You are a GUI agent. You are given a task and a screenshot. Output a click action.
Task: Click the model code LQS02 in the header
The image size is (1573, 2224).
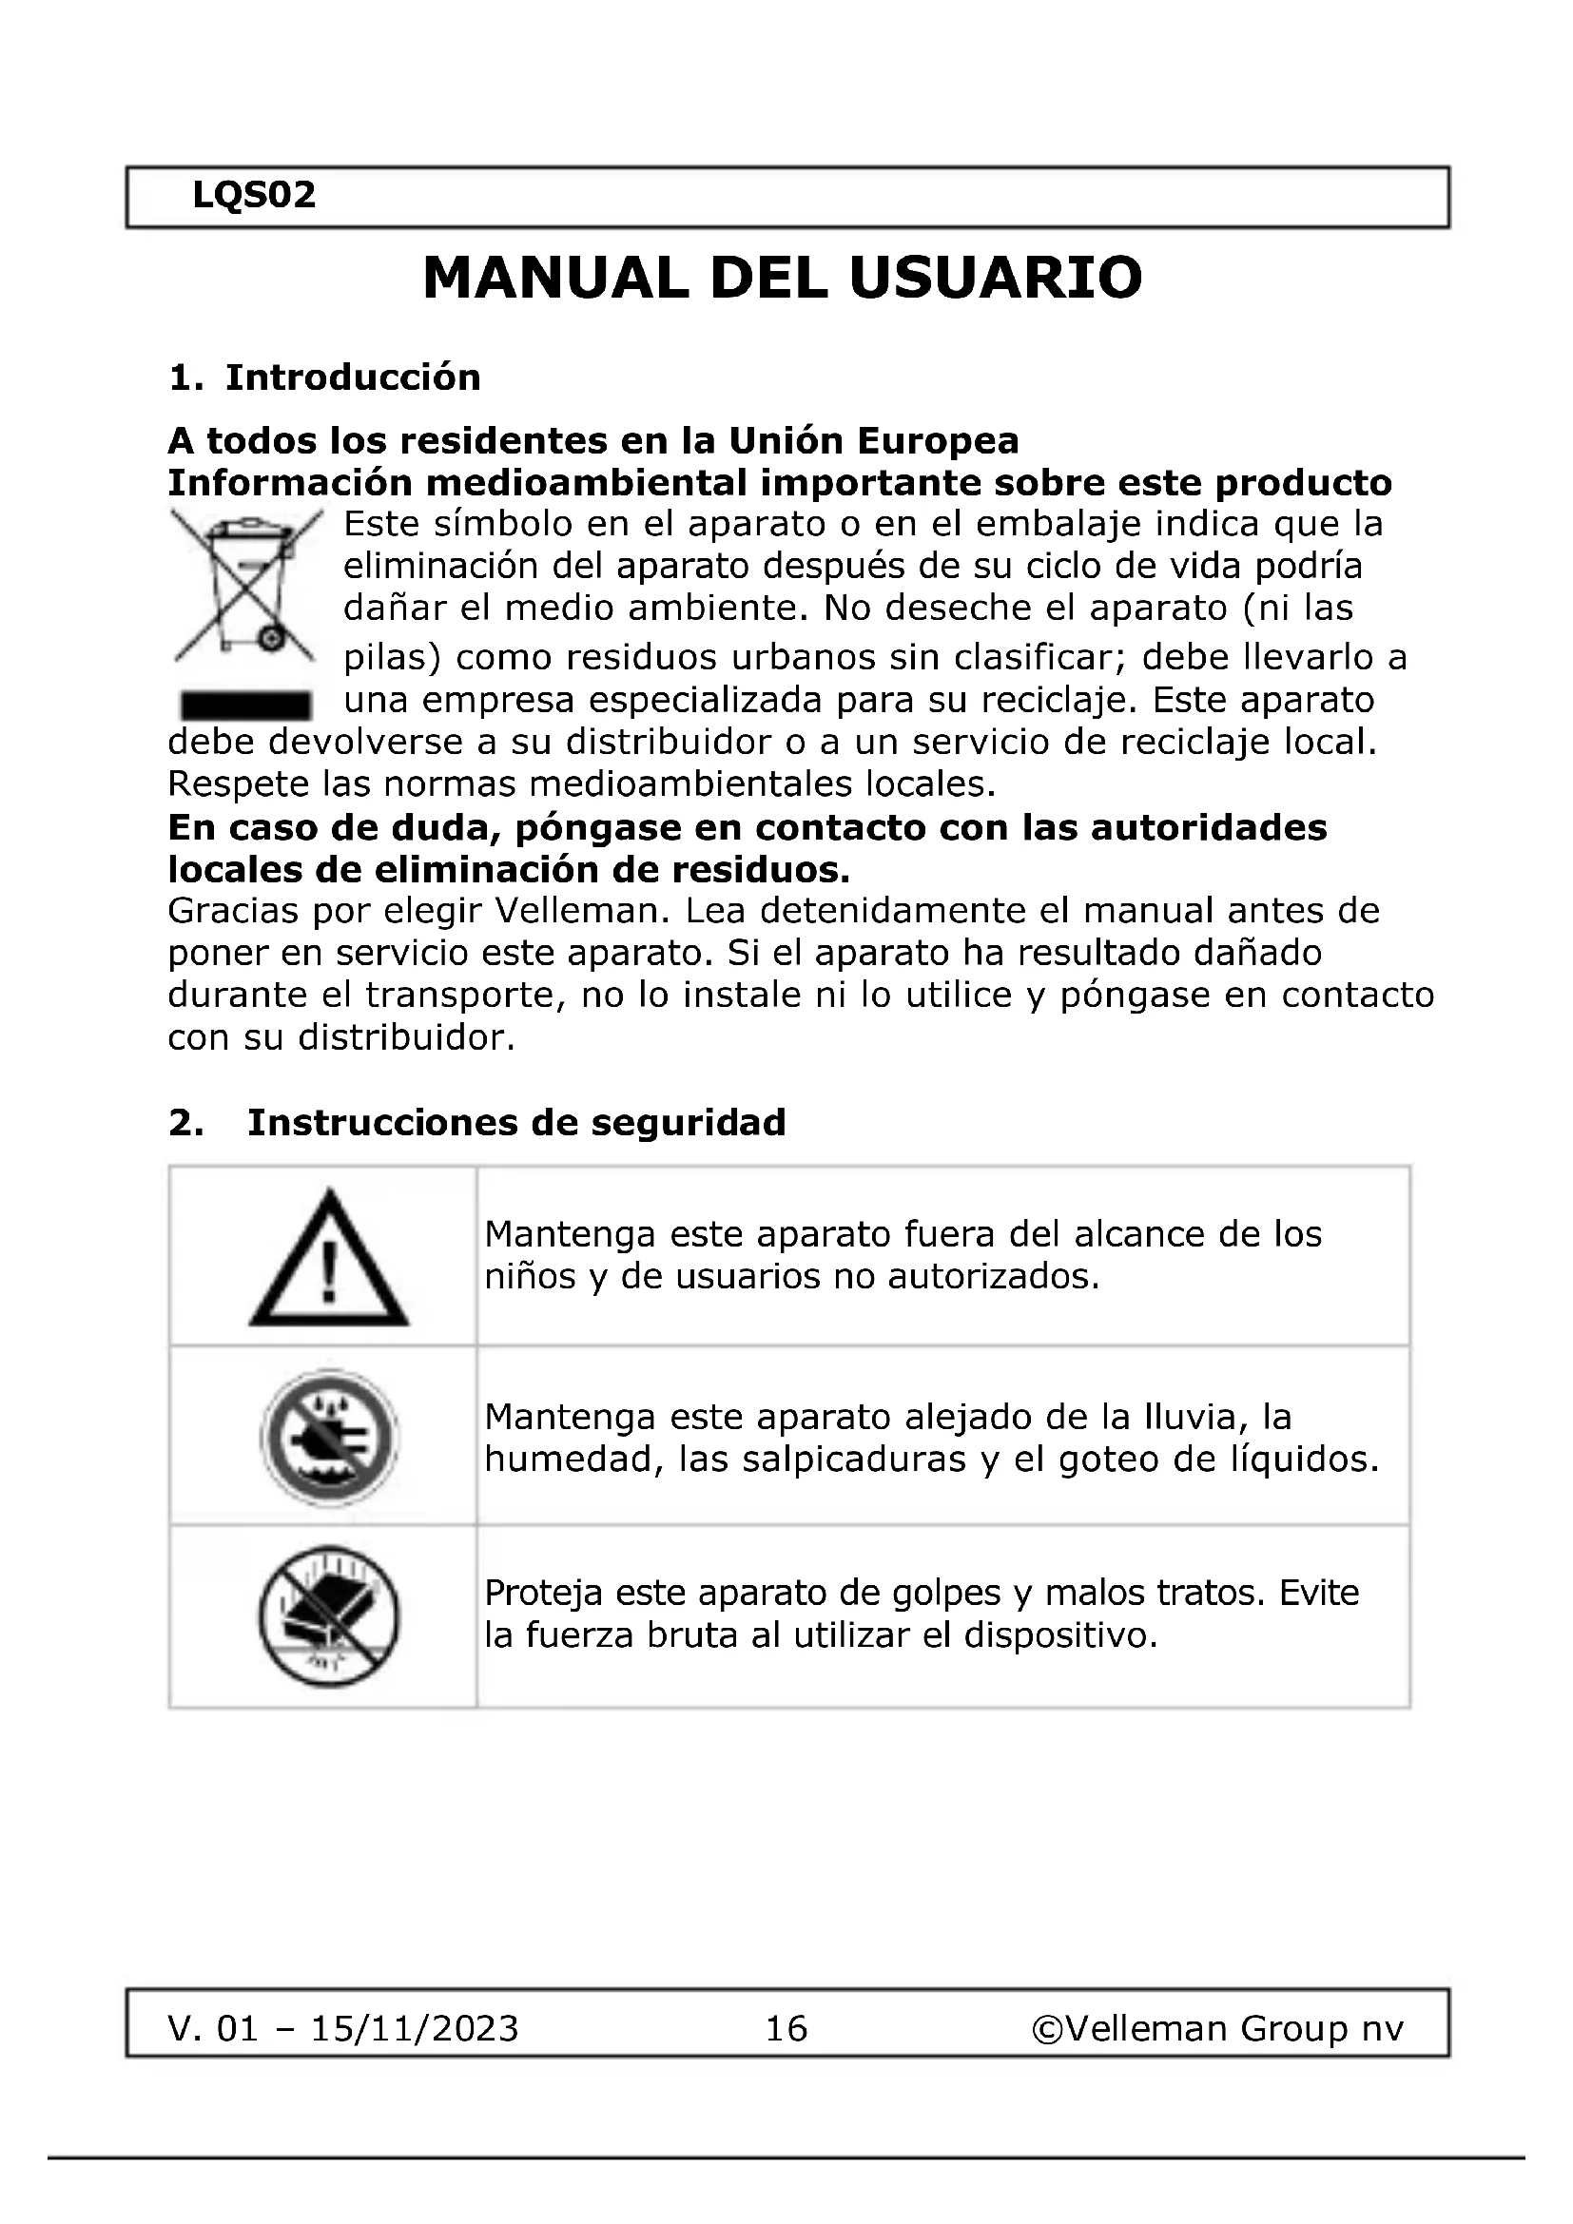(x=254, y=196)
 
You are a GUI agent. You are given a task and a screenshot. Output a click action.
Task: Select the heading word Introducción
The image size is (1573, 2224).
(x=353, y=377)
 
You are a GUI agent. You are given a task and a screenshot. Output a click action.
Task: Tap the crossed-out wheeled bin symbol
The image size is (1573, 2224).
(x=246, y=587)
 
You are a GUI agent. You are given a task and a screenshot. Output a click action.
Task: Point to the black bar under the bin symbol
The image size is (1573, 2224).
(x=246, y=705)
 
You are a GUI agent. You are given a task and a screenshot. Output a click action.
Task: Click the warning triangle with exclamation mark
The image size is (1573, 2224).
(x=328, y=1258)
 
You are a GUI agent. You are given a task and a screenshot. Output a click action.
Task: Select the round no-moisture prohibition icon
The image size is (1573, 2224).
(x=328, y=1437)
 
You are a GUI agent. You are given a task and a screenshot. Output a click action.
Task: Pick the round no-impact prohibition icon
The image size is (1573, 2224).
(x=328, y=1615)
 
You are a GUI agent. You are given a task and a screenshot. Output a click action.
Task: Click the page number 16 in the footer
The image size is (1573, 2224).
(x=786, y=2027)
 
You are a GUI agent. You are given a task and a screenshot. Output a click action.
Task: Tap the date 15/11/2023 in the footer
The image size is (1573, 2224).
(x=415, y=2027)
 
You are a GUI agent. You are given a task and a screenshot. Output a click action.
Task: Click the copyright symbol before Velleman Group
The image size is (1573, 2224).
(x=1047, y=2027)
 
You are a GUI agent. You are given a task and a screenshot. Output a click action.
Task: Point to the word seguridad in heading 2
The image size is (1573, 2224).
(x=688, y=1123)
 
